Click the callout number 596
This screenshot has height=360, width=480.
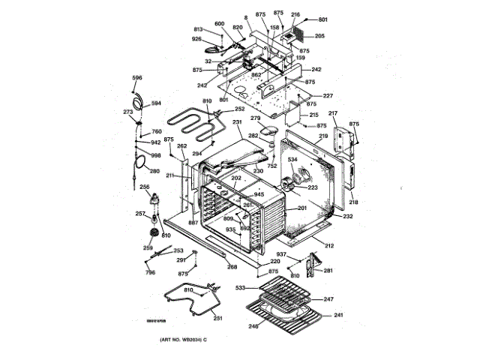(137, 78)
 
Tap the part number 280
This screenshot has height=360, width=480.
(154, 171)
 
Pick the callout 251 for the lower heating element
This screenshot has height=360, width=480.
(217, 318)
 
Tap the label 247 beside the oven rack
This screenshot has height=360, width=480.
(328, 299)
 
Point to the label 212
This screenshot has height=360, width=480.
(329, 244)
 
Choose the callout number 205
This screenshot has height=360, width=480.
(319, 36)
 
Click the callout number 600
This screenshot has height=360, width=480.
(220, 23)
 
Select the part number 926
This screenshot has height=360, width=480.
(196, 39)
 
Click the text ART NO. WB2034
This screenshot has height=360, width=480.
(181, 341)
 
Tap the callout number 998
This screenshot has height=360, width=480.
(156, 155)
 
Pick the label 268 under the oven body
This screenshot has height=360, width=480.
(232, 267)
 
